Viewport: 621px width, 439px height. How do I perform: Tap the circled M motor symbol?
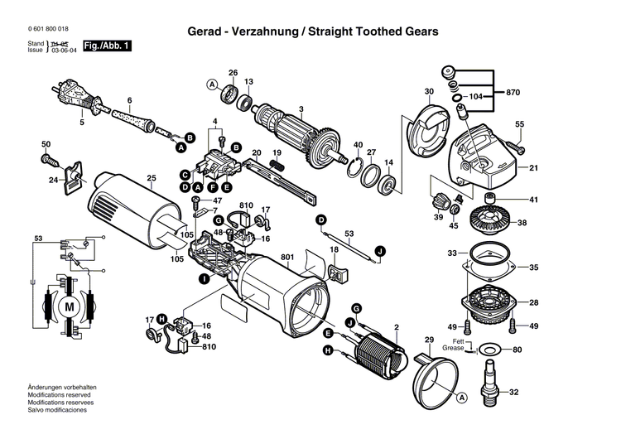pos(70,306)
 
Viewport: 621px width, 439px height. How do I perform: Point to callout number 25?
pos(152,177)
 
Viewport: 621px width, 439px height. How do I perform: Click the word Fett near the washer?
pos(458,341)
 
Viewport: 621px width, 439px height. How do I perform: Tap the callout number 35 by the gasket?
pos(533,268)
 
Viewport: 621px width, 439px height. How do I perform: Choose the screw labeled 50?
pos(50,156)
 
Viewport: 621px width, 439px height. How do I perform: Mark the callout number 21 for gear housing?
pos(533,168)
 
